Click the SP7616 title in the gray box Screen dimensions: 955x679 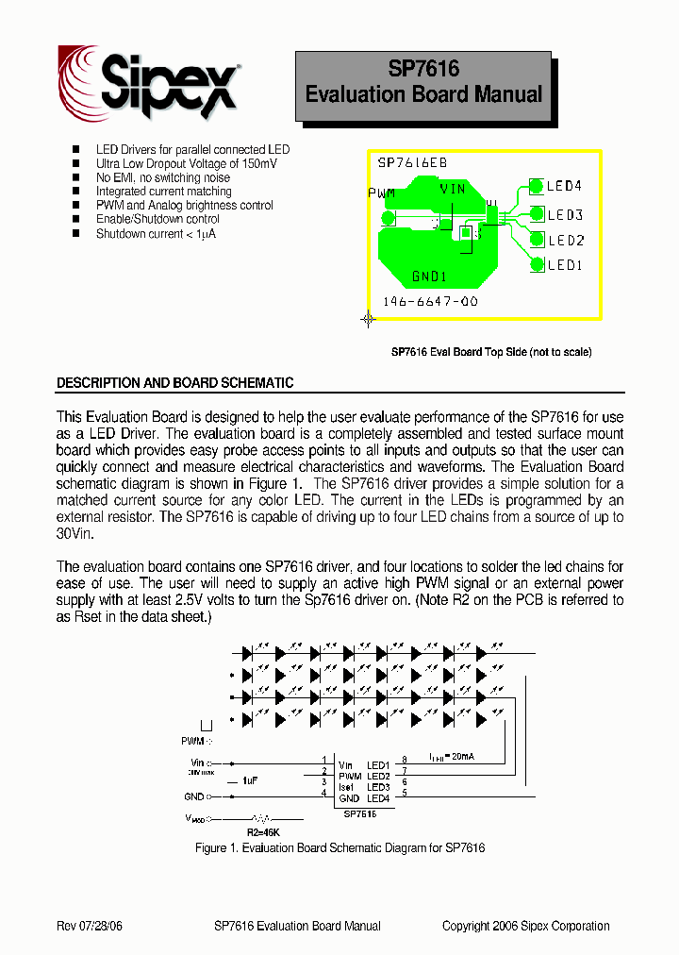click(x=423, y=69)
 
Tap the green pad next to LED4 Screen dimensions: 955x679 click(x=537, y=187)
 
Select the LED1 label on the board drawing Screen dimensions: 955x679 click(x=565, y=266)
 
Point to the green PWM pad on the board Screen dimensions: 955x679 click(x=388, y=219)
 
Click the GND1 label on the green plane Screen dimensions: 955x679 click(x=429, y=277)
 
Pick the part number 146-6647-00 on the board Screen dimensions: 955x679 click(x=430, y=302)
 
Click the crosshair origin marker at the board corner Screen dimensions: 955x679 click(x=369, y=319)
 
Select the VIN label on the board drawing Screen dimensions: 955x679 click(x=453, y=190)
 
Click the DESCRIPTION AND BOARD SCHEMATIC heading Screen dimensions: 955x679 click(x=175, y=383)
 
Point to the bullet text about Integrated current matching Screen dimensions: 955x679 click(x=163, y=191)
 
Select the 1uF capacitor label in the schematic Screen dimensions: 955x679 click(x=250, y=781)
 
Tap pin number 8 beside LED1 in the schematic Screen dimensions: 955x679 click(x=405, y=759)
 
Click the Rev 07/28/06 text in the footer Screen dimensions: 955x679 click(x=90, y=926)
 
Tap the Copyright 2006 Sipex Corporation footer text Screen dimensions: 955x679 click(x=525, y=926)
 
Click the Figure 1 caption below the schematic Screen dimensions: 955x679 click(x=339, y=848)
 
